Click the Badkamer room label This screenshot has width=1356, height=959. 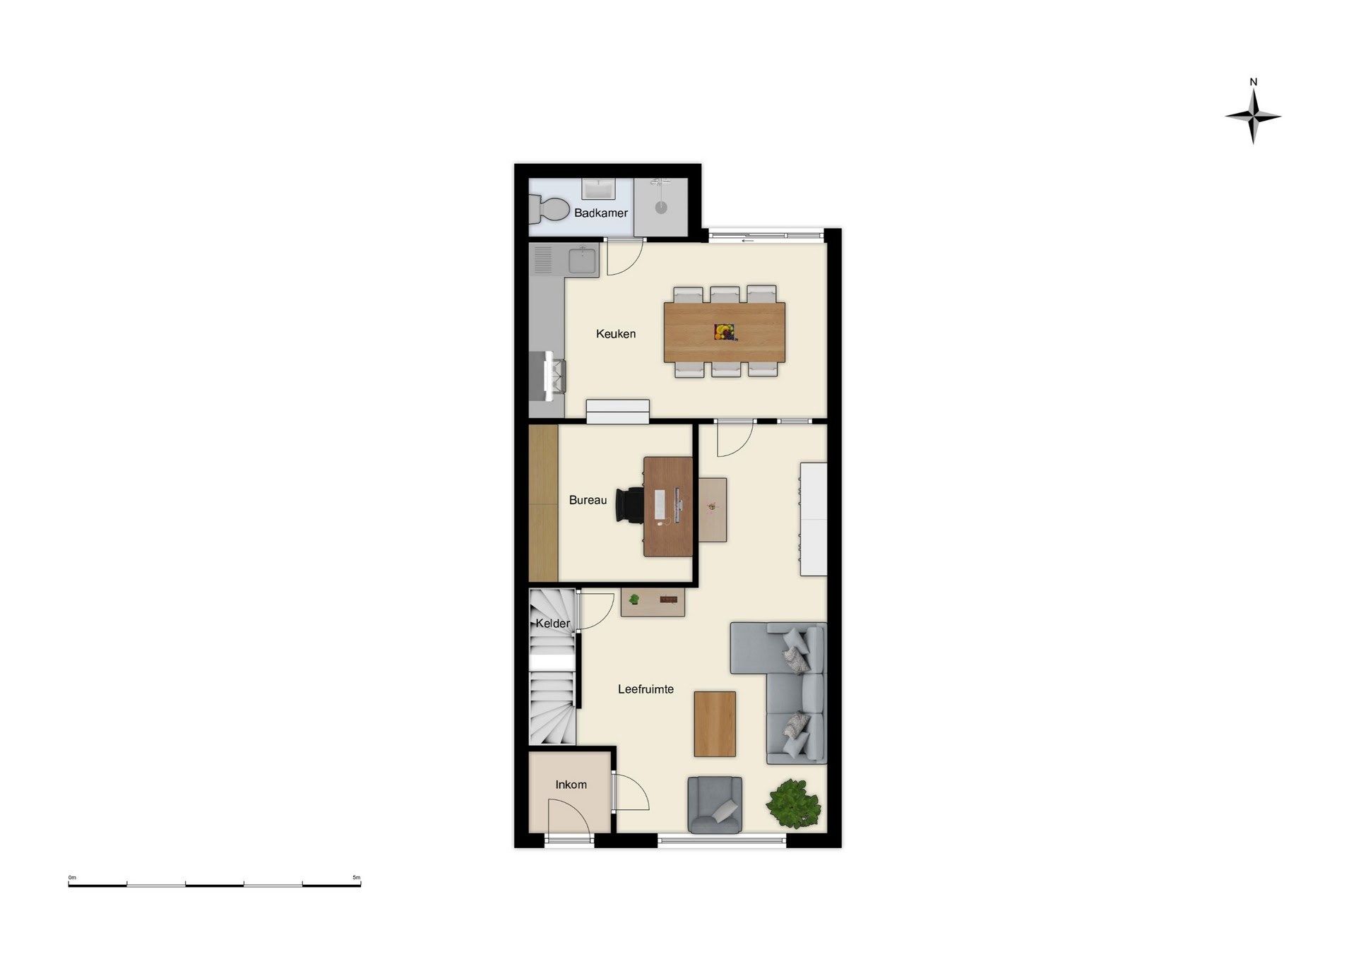coord(600,213)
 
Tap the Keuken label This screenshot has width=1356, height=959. coord(616,333)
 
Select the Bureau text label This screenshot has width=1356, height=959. coord(588,500)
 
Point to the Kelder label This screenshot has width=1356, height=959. coord(553,623)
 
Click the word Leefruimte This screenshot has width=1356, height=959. coord(646,689)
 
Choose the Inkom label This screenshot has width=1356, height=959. coord(571,784)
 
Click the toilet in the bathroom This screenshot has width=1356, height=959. coord(549,209)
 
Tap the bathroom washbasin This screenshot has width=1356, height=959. coord(598,189)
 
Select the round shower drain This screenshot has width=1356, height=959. coord(660,208)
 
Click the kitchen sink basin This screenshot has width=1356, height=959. coord(583,260)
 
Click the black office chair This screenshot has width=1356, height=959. coord(630,505)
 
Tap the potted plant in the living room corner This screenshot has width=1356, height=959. coord(794,804)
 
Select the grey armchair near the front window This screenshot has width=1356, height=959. coord(715,804)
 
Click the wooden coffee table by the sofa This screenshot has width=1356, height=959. coord(715,724)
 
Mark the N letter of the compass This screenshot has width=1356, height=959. coord(1254,82)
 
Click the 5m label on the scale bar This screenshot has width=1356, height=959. coord(357,878)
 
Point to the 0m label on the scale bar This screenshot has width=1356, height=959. coord(72,878)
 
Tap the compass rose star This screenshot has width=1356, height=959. coord(1253,117)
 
